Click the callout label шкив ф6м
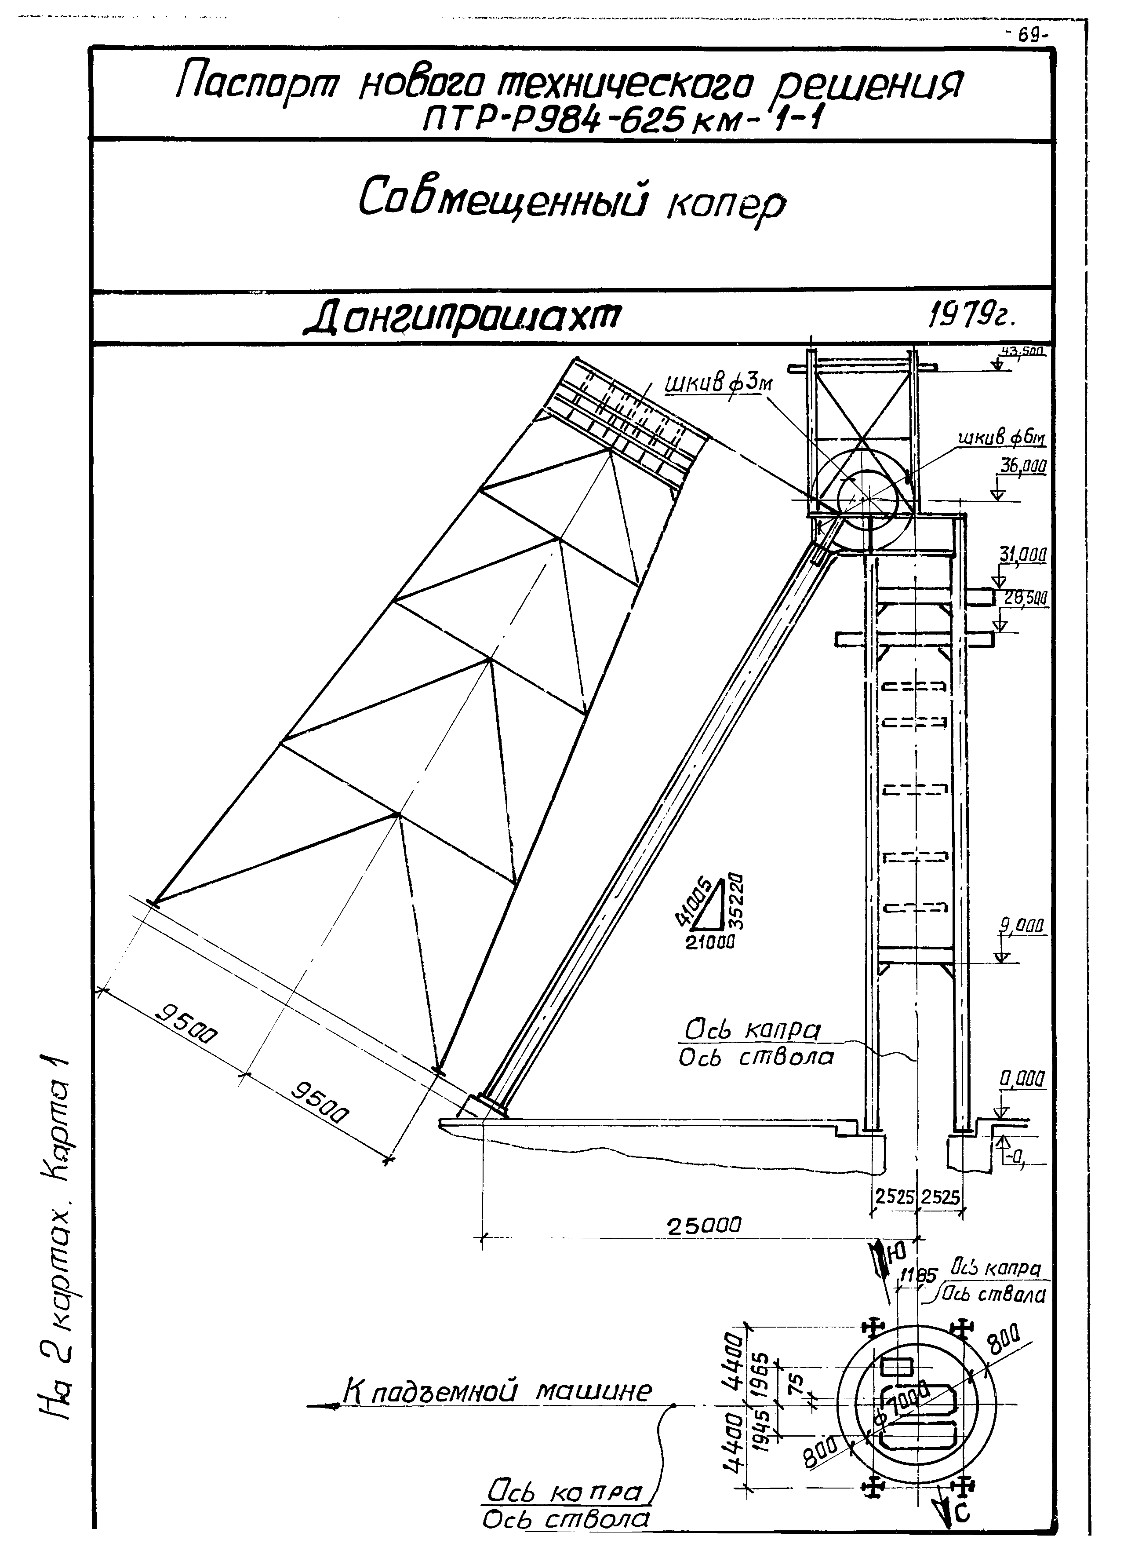[x=1001, y=440]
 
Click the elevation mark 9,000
[x=1022, y=925]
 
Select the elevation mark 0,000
[x=1022, y=1079]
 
